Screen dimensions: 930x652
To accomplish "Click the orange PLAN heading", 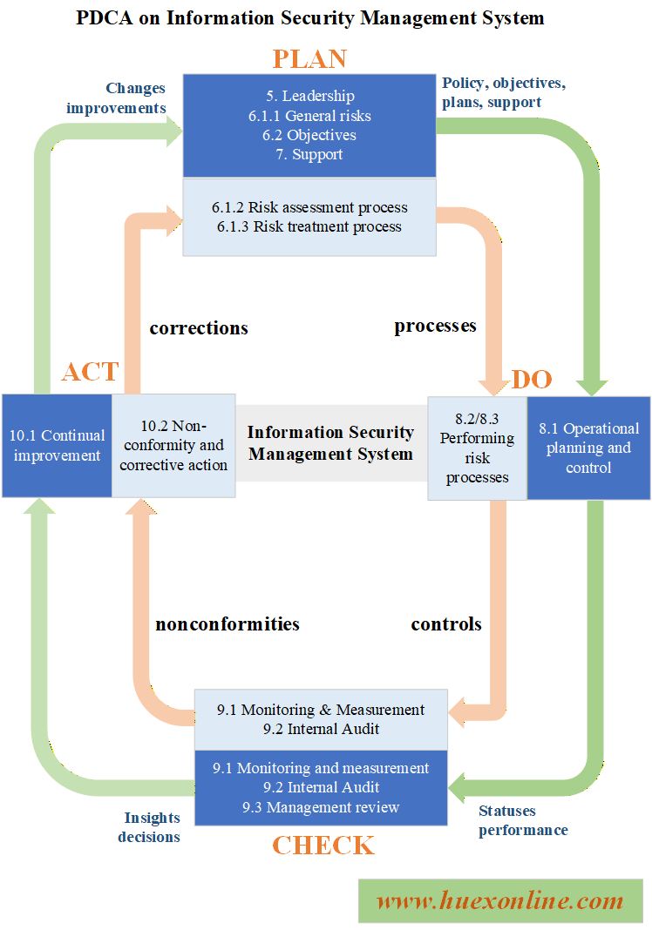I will coord(309,58).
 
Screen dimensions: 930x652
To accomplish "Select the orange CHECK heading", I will coord(323,845).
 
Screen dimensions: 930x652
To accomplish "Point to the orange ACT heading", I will coord(89,371).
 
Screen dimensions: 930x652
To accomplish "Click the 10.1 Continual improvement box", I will coord(57,445).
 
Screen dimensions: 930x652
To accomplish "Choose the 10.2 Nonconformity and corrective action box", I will coord(173,445).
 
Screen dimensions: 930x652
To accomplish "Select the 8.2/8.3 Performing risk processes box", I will coord(477,448).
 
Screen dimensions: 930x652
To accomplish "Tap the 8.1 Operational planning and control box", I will coord(588,448).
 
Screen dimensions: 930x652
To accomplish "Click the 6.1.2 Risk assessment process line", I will coord(309,207).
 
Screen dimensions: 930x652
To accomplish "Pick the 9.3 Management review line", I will coord(321,807).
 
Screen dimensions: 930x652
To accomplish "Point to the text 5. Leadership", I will coord(309,96).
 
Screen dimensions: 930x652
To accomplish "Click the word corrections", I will coord(199,328).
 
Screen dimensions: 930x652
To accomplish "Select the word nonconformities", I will coord(228,623).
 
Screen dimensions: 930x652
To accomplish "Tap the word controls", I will coord(446,623).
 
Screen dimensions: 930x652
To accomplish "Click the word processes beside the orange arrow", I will coord(435,326).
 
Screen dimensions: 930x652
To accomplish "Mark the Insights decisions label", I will coord(152,827).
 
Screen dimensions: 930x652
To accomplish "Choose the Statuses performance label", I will coord(523,820).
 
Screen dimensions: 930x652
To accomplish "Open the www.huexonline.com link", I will coord(499,901).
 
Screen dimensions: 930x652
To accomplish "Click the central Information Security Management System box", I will coord(330,442).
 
